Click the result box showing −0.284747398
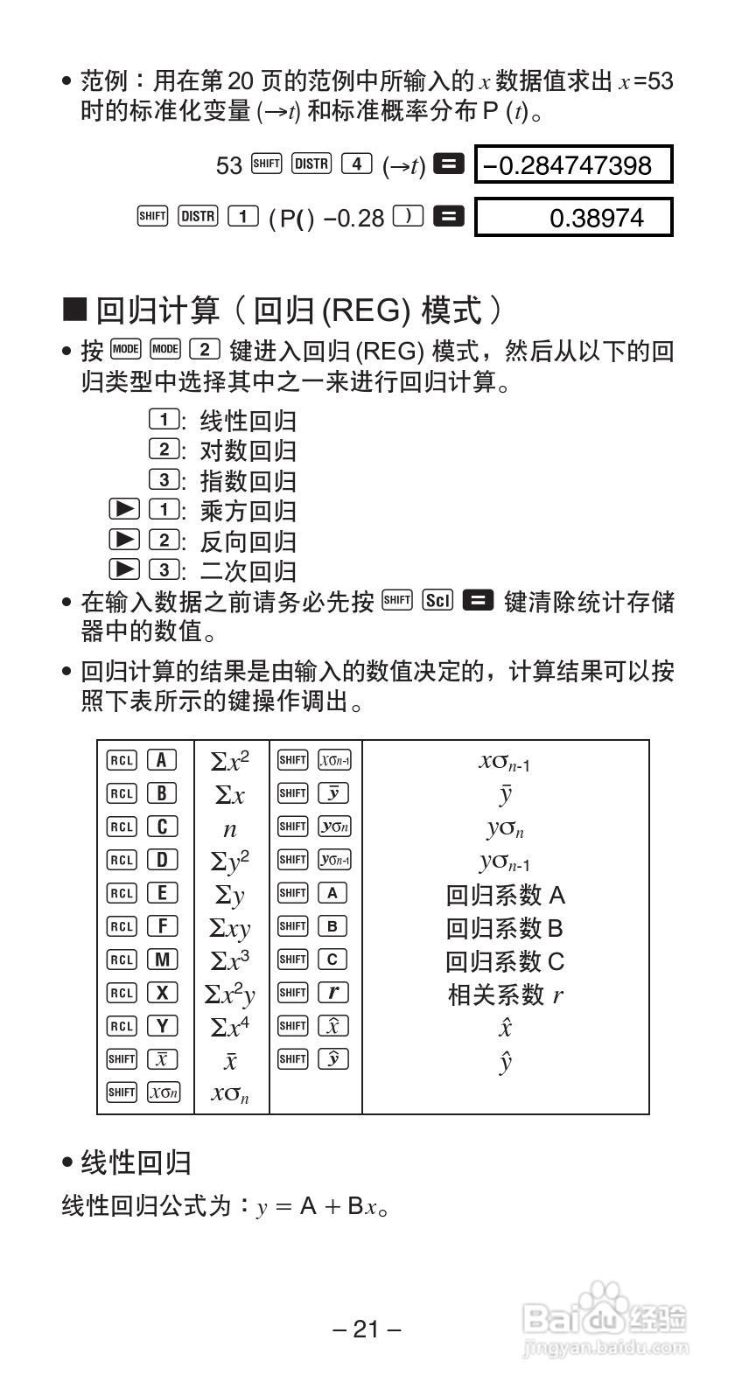click(x=573, y=165)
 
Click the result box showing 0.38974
click(x=573, y=218)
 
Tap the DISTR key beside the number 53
click(x=311, y=164)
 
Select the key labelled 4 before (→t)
click(x=356, y=164)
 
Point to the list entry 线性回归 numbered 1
click(x=248, y=421)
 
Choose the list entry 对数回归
click(x=248, y=450)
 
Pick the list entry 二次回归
click(x=248, y=570)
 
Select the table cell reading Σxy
click(x=230, y=928)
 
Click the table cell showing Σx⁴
click(x=230, y=1027)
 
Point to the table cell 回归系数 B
click(x=505, y=927)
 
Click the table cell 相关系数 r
click(x=505, y=995)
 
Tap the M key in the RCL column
click(x=162, y=960)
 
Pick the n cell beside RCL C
click(x=230, y=829)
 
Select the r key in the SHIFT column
click(x=332, y=993)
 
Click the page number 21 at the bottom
click(x=367, y=1330)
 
